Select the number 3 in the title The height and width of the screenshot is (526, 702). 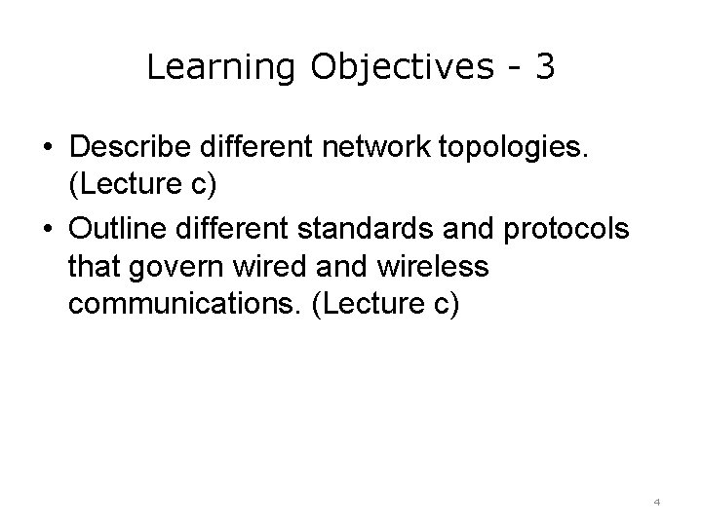pyautogui.click(x=544, y=66)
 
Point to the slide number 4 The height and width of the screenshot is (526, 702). pyautogui.click(x=656, y=502)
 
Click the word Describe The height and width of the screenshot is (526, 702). pyautogui.click(x=131, y=145)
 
